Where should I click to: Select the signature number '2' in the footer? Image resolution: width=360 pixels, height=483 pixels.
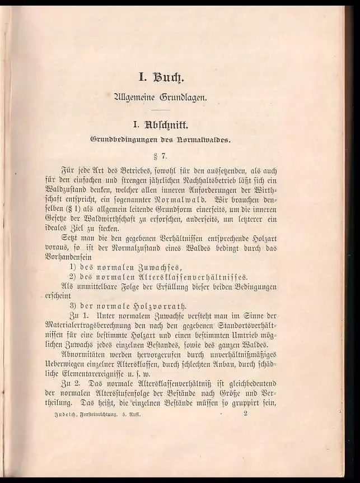tap(246, 414)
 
